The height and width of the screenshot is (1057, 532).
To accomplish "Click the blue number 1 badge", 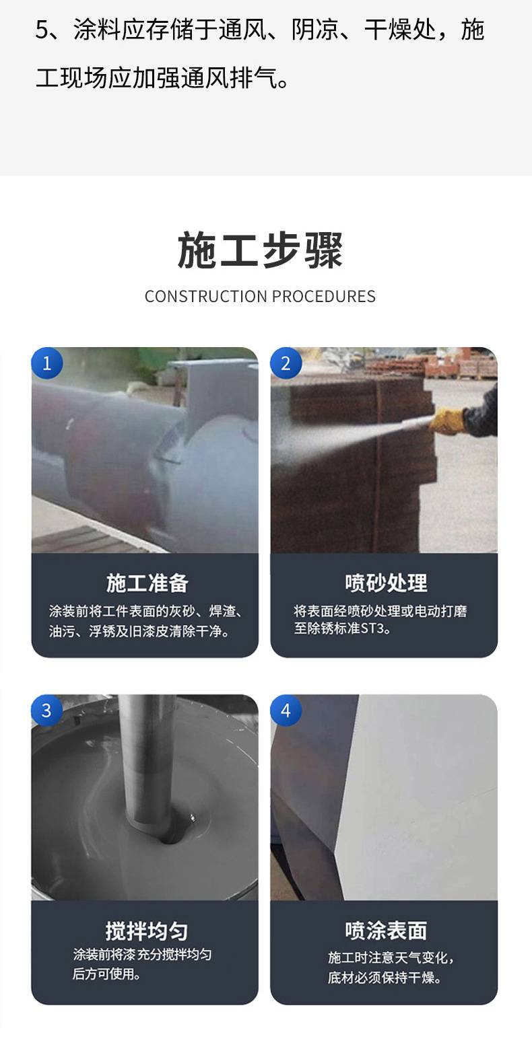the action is point(46,363).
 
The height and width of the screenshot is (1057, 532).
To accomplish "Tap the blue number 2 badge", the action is point(286,363).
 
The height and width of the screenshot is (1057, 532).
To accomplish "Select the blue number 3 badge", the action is point(46,710).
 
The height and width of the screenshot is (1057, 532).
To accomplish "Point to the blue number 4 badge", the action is point(286,710).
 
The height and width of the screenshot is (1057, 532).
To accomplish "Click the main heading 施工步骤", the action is point(260,250).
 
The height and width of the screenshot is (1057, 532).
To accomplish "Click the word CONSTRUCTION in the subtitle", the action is point(206,296).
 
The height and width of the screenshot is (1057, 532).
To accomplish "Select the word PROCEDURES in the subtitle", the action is point(324,296).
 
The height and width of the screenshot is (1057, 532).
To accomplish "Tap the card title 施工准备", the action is point(147,583).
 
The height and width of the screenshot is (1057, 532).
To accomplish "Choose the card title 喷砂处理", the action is point(386,583).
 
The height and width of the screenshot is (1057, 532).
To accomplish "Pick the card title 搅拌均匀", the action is point(147,931).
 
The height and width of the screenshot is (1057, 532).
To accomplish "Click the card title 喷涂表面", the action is point(386,931).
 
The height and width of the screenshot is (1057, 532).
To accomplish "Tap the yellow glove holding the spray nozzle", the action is point(446,421).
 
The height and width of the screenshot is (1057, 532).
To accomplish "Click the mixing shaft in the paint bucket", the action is point(146,764).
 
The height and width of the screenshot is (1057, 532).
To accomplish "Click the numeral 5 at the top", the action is point(42,30).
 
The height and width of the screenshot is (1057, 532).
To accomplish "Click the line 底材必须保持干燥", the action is point(385,978).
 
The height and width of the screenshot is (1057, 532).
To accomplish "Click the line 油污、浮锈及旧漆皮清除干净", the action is point(139,631).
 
